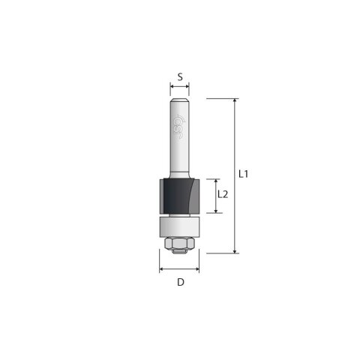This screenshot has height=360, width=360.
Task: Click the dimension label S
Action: coord(180,76)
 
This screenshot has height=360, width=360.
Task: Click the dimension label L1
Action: coord(244,174)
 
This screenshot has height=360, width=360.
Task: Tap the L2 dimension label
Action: coord(222,194)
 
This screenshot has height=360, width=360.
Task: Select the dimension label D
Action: coord(180,283)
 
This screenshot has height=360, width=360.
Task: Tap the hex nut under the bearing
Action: coord(179,244)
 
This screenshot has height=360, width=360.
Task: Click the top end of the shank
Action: coord(180,100)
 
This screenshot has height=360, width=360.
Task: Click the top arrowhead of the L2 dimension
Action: coord(216,181)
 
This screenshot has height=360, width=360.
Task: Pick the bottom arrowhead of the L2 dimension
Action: coord(216,211)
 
